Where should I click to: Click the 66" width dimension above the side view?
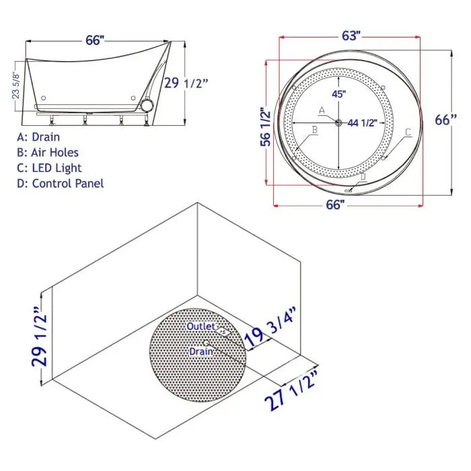95,41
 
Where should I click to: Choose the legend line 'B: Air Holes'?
48,153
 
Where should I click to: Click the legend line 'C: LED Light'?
50,168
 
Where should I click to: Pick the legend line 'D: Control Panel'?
61,183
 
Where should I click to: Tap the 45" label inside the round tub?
338,95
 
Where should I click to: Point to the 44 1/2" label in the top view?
361,123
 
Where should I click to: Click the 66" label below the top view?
334,205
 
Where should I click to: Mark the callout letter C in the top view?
408,133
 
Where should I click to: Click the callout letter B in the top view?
314,131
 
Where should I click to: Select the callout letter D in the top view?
363,177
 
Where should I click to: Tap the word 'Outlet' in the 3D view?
201,326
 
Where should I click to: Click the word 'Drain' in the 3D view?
201,351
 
